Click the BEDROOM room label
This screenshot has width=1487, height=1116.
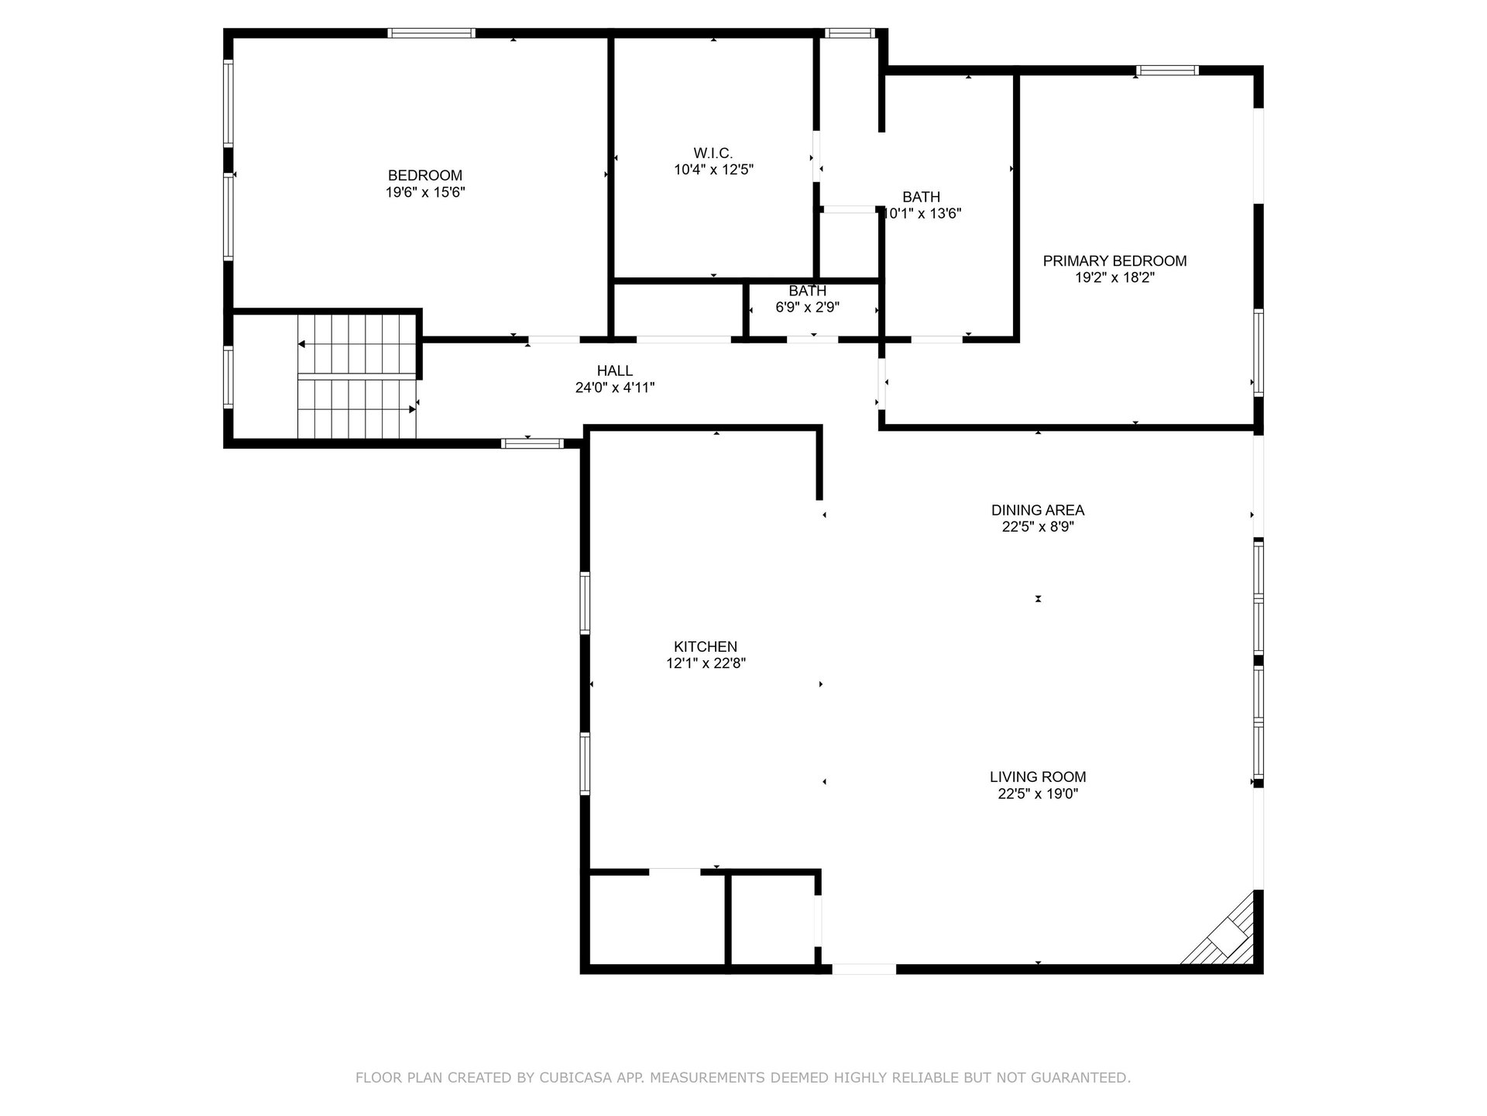[425, 176]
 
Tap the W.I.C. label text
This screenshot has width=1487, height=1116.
[713, 153]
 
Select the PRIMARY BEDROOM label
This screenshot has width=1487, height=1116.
[1114, 261]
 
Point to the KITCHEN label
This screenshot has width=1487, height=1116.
[706, 646]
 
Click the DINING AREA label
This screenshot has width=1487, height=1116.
[1038, 510]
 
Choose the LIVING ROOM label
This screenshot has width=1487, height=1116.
[1038, 777]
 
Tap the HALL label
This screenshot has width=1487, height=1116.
[615, 371]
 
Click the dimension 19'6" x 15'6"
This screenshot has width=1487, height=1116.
[425, 192]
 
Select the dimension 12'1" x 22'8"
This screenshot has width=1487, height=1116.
[706, 663]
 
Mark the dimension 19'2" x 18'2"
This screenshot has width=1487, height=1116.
[1114, 277]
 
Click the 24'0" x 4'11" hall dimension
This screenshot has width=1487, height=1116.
[615, 387]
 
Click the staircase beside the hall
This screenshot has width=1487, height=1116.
[358, 376]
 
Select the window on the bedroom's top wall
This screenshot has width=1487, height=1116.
[431, 33]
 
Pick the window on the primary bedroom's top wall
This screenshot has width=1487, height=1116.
[1167, 71]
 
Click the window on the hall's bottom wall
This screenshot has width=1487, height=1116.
[532, 443]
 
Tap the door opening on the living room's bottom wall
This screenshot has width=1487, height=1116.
[864, 969]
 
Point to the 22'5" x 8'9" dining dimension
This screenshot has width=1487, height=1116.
[1038, 527]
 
